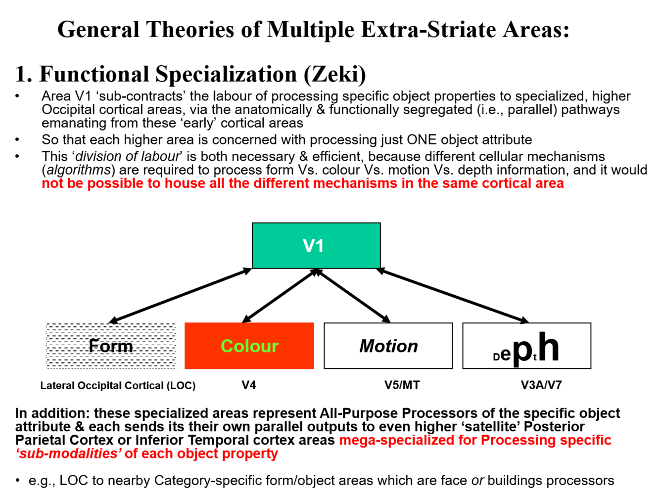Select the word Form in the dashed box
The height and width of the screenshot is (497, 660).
coord(111,346)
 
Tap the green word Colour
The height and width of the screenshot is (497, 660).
coord(249,346)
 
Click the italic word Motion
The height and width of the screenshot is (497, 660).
coord(388,346)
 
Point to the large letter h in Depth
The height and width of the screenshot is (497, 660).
coord(549,347)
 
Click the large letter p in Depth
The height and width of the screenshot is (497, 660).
coord(522,351)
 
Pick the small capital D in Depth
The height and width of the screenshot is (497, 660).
coord(496,357)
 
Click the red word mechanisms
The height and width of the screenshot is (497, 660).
coord(355,183)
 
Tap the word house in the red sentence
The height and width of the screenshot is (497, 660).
coord(185,183)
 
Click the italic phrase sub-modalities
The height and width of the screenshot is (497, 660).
coord(69,453)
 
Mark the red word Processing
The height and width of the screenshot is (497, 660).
coord(519,440)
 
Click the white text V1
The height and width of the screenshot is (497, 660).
coord(313,246)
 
